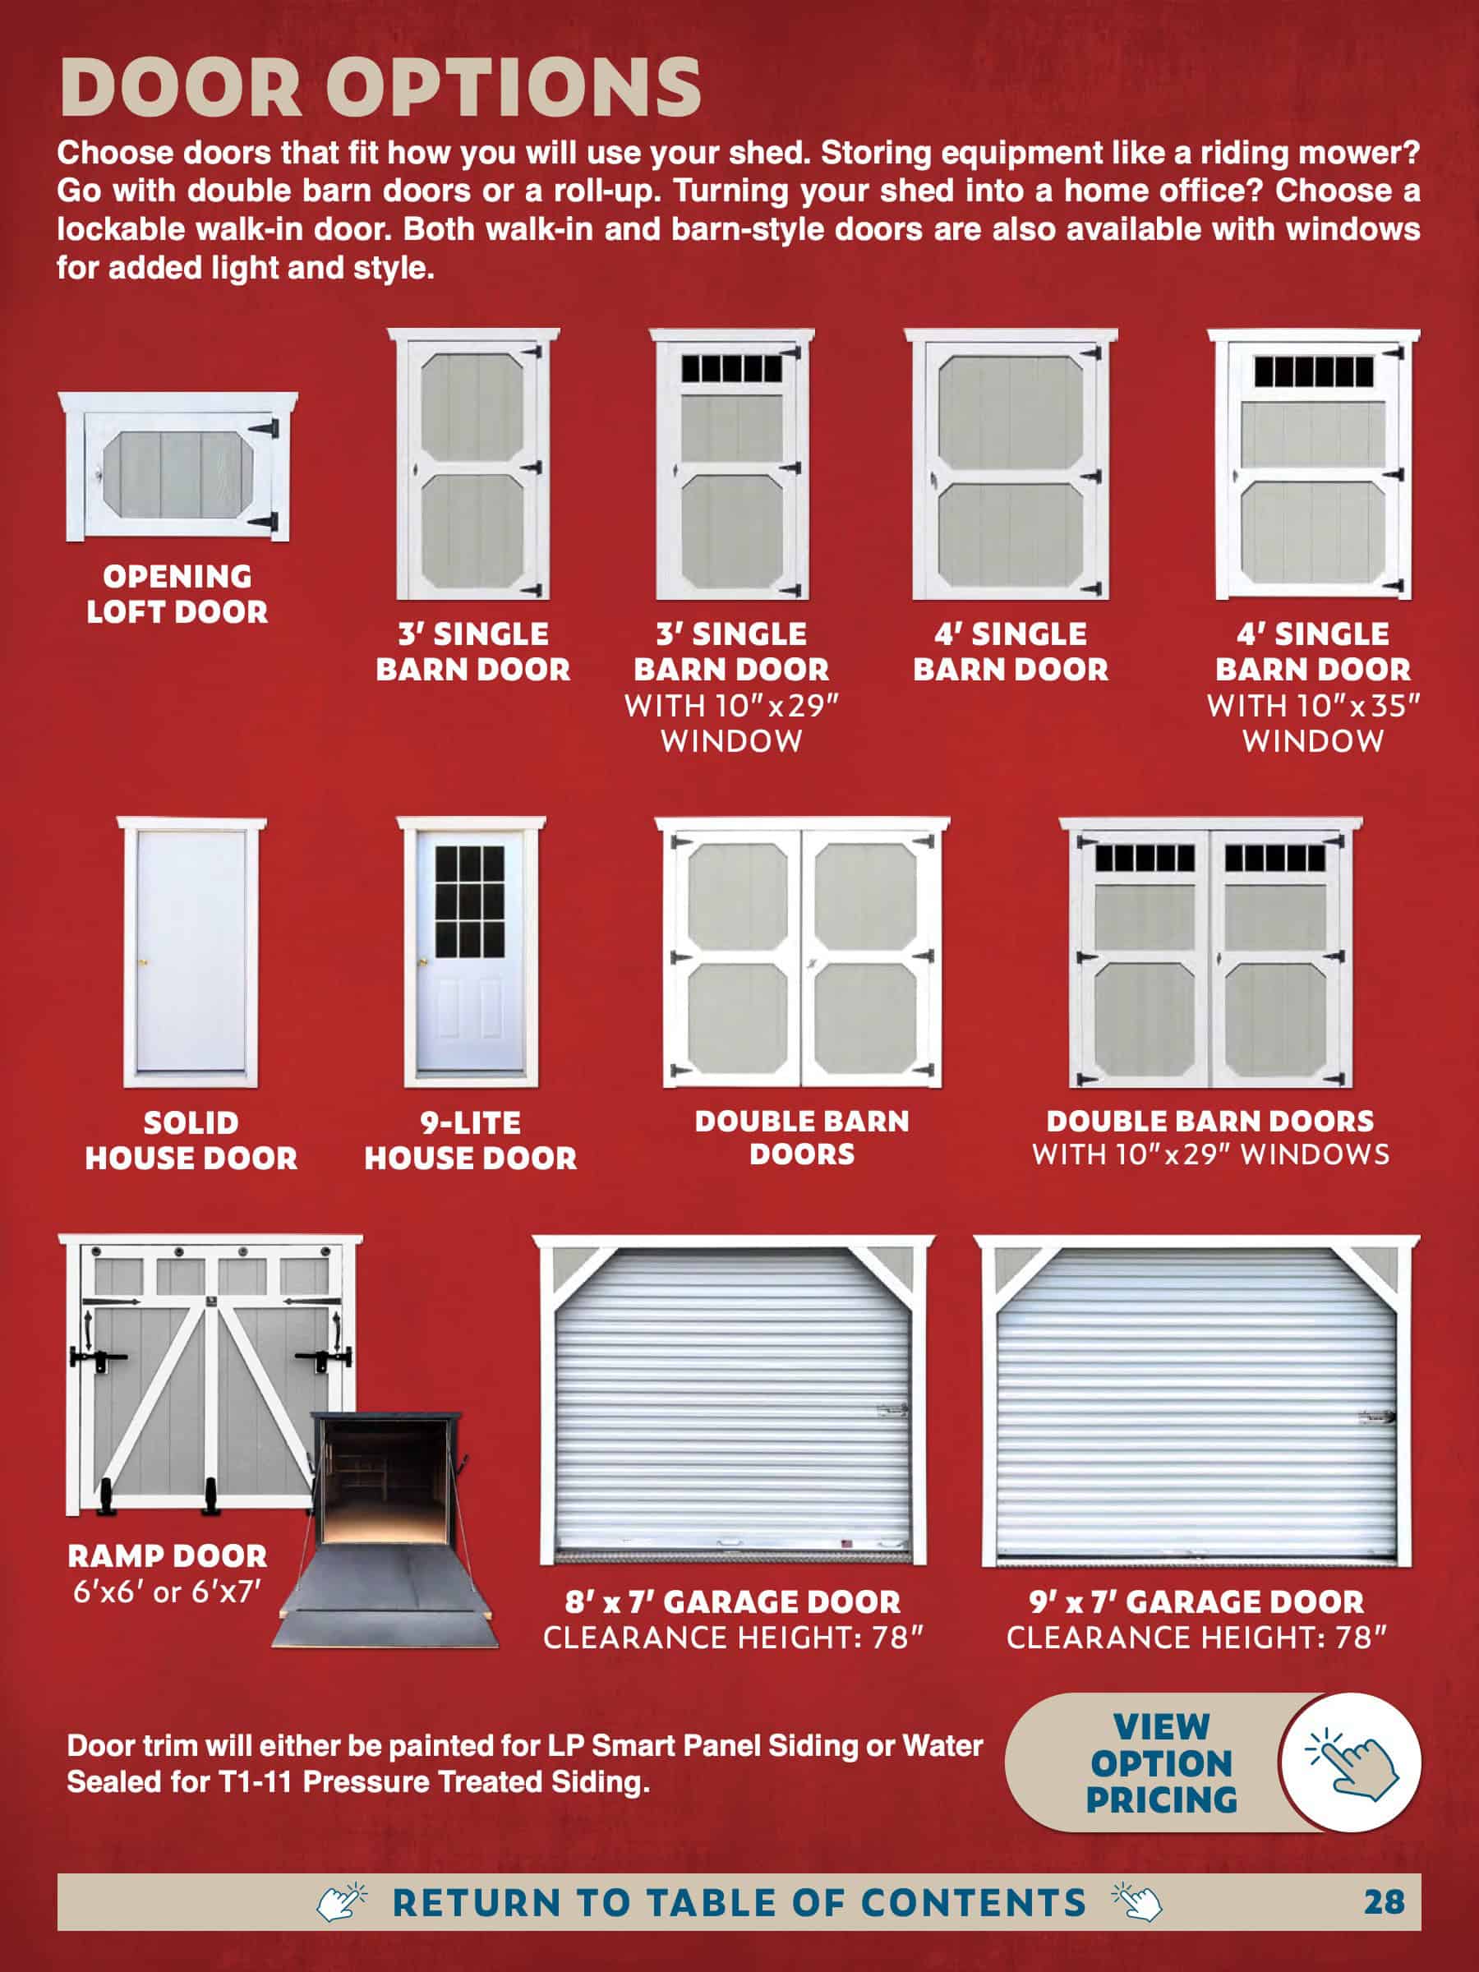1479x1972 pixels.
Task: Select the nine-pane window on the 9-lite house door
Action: [469, 901]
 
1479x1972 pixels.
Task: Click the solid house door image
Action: [191, 952]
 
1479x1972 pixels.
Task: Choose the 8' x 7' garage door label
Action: [733, 1602]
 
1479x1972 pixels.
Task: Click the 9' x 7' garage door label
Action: [1196, 1602]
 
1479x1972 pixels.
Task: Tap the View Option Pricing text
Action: [1162, 1762]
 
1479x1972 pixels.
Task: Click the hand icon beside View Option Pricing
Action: [1351, 1762]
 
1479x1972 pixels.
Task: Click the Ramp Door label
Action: [168, 1556]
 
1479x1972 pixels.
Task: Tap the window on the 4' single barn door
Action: [1314, 371]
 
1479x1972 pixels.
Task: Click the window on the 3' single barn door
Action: [731, 368]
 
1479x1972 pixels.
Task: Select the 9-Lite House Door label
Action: [471, 1140]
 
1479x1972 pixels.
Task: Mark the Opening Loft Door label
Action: [177, 594]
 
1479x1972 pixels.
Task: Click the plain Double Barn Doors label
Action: [802, 1137]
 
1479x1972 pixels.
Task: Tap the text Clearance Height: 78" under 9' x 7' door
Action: [1196, 1638]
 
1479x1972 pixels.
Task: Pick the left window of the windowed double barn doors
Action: [1145, 859]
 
